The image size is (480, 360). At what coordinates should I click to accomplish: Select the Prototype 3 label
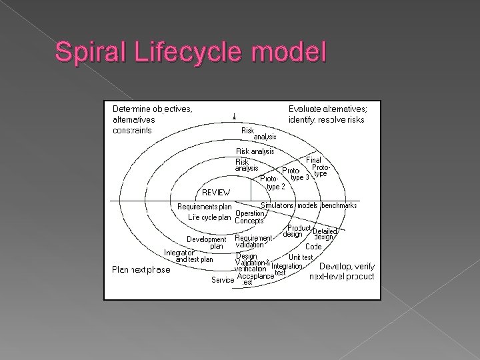(x=296, y=174)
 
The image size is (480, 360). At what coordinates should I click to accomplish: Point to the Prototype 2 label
(x=273, y=183)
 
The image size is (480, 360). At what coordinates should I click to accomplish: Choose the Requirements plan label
(x=204, y=207)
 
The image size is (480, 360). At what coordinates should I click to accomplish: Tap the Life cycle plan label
(x=209, y=217)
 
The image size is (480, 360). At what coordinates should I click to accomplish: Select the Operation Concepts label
(x=250, y=217)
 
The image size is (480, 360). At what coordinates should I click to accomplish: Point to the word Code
(x=313, y=247)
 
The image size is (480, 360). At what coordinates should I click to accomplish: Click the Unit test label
(x=301, y=257)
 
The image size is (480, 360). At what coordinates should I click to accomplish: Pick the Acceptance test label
(x=255, y=279)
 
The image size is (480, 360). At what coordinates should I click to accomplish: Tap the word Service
(x=222, y=281)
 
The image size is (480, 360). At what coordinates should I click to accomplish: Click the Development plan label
(x=207, y=242)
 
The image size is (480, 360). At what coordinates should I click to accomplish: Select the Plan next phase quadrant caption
(x=141, y=270)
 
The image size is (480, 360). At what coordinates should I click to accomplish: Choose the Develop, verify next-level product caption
(x=341, y=271)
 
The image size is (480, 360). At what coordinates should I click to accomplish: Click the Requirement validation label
(x=253, y=241)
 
